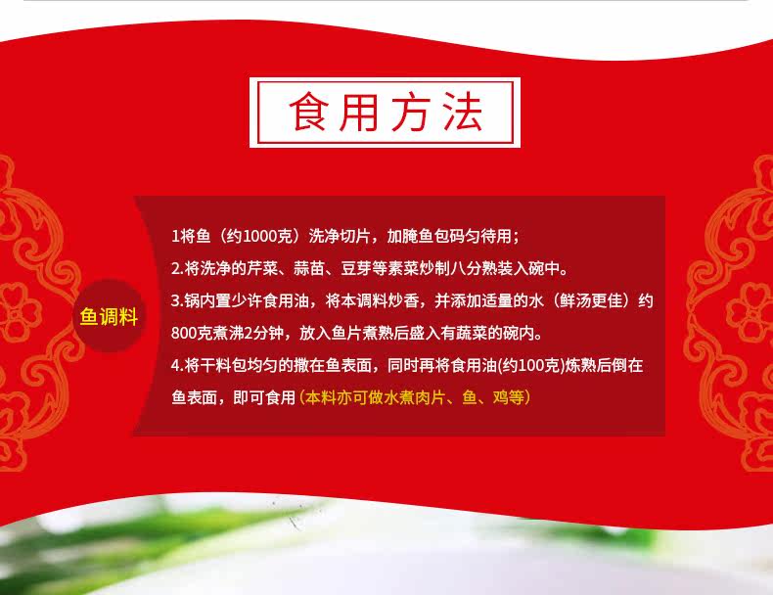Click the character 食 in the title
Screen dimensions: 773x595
click(308, 112)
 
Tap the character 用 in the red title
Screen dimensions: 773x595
click(359, 112)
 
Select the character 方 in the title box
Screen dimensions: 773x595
click(411, 112)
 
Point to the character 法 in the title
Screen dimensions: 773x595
click(463, 112)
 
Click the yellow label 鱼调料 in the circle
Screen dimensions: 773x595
click(109, 316)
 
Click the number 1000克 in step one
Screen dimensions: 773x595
click(269, 236)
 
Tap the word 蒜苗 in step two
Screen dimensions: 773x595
click(309, 268)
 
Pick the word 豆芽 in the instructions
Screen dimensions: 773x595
click(356, 268)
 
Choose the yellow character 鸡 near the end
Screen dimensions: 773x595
click(500, 397)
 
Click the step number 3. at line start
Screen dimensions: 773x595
click(177, 300)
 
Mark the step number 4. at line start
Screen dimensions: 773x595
click(177, 365)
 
